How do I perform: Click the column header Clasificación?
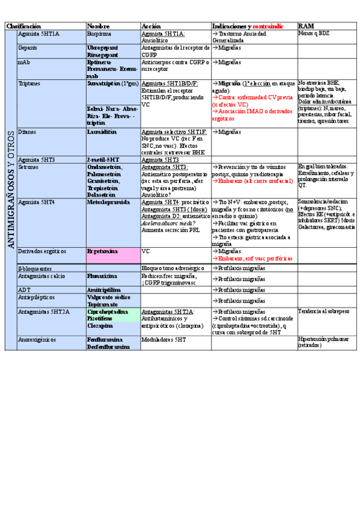(24, 26)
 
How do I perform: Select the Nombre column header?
(99, 26)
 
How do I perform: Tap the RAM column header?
(306, 26)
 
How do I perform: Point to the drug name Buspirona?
(100, 34)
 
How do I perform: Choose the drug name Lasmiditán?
(102, 131)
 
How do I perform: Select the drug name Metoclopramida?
(108, 202)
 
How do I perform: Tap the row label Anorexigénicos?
(37, 339)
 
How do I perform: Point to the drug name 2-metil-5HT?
(103, 159)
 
